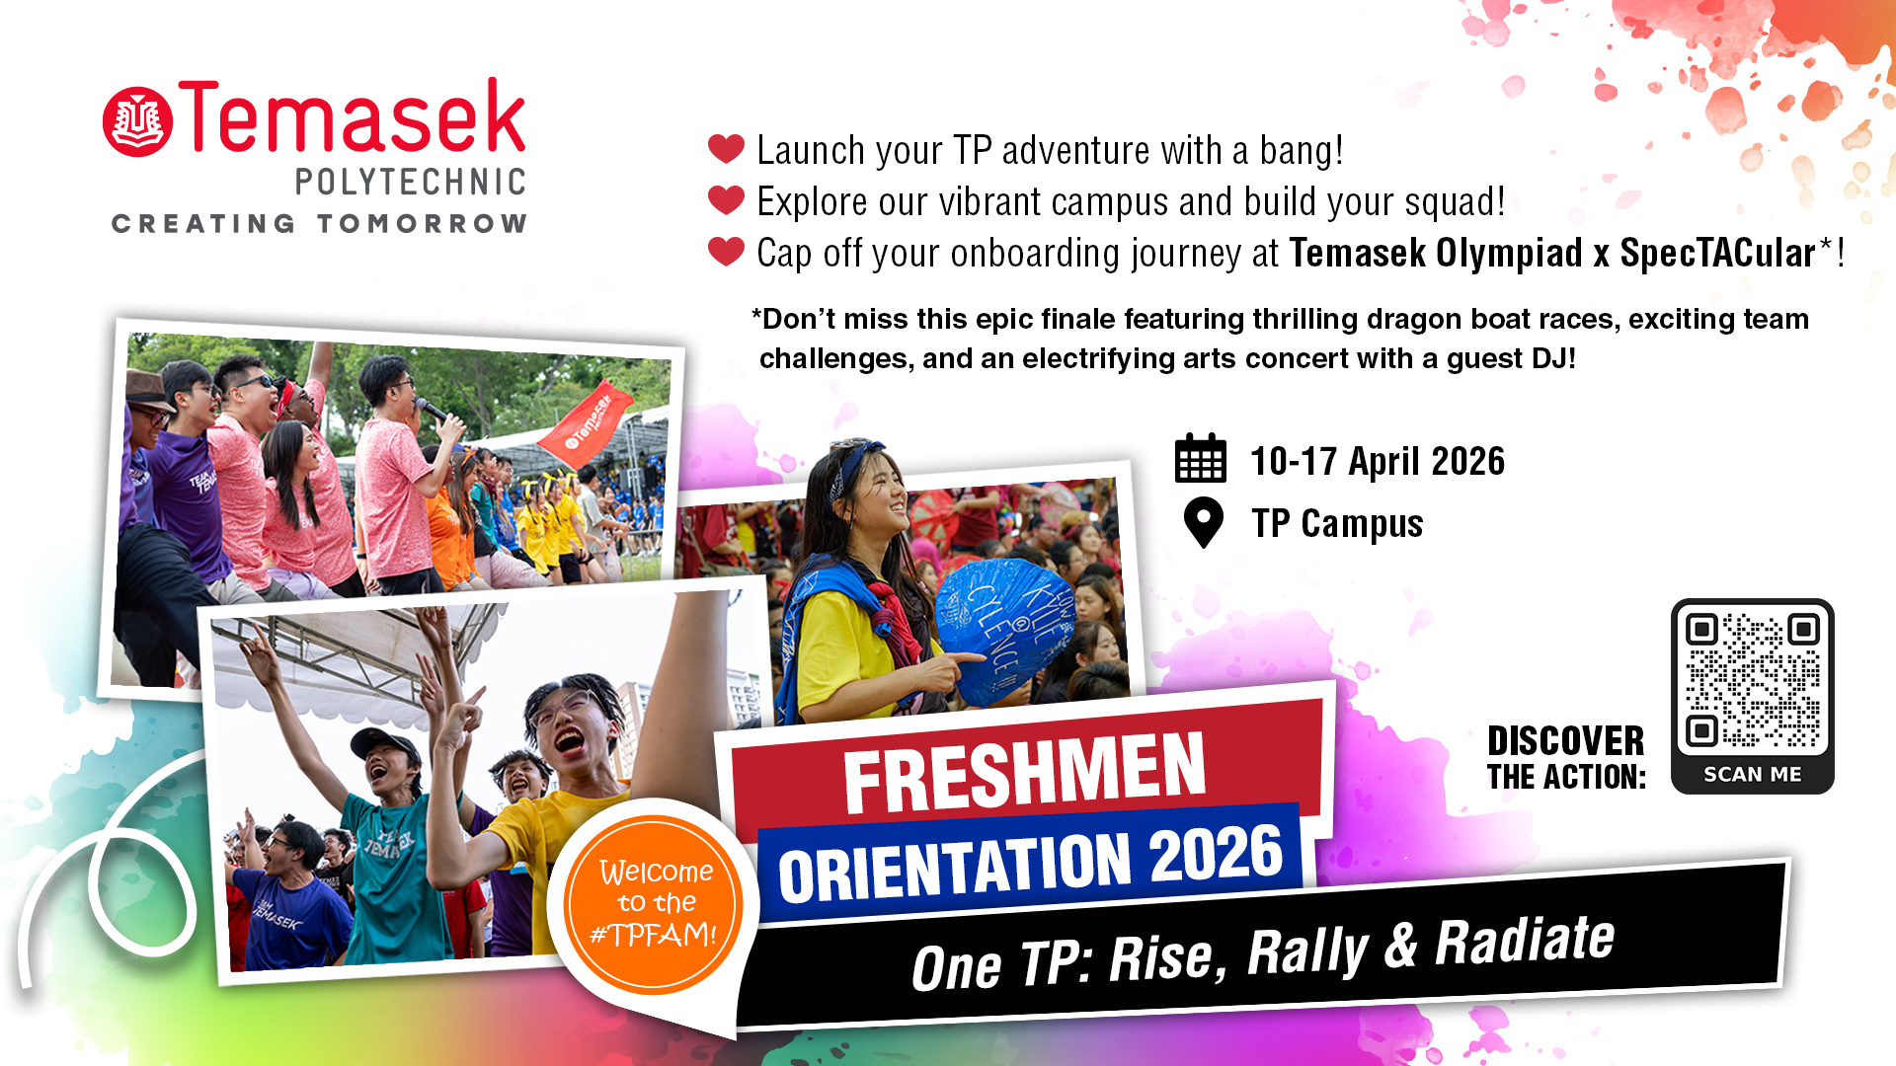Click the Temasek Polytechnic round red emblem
coord(138,121)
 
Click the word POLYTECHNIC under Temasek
coord(411,182)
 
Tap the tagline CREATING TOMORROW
coord(319,224)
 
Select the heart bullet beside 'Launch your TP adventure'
coord(726,149)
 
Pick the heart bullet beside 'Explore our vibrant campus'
coord(726,200)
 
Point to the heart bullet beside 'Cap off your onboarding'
coord(726,252)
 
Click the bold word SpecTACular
coord(1718,254)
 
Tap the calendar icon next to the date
coord(1201,458)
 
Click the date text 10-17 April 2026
coord(1378,461)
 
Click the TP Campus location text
coord(1337,523)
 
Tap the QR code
coord(1753,681)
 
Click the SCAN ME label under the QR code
coord(1753,775)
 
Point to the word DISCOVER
coord(1566,740)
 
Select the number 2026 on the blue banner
coord(1217,855)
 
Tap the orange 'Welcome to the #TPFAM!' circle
coord(653,904)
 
